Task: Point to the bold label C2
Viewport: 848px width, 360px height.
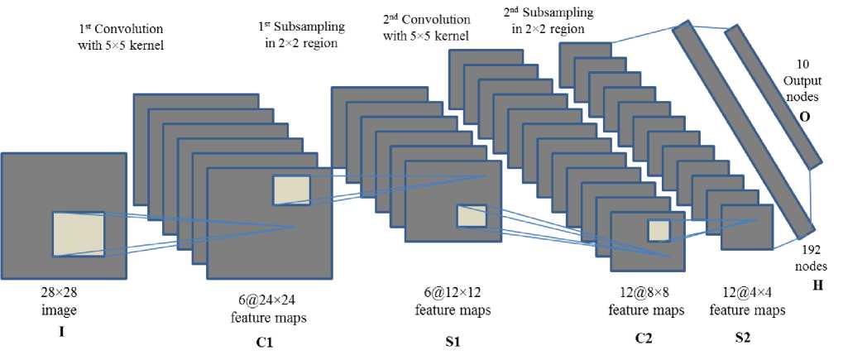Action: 646,338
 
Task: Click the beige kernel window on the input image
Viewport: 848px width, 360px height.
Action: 79,233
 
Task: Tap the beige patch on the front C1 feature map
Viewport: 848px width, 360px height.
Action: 291,190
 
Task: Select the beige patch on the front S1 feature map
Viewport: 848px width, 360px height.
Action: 472,217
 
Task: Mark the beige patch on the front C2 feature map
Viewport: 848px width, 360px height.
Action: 658,230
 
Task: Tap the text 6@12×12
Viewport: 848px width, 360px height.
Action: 453,296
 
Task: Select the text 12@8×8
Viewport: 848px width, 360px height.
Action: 646,295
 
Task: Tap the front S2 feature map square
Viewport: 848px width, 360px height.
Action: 746,227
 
